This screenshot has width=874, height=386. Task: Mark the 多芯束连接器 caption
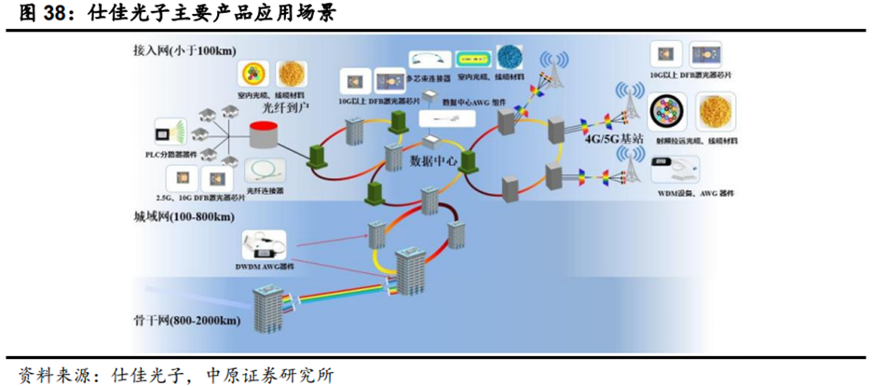tap(430, 79)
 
